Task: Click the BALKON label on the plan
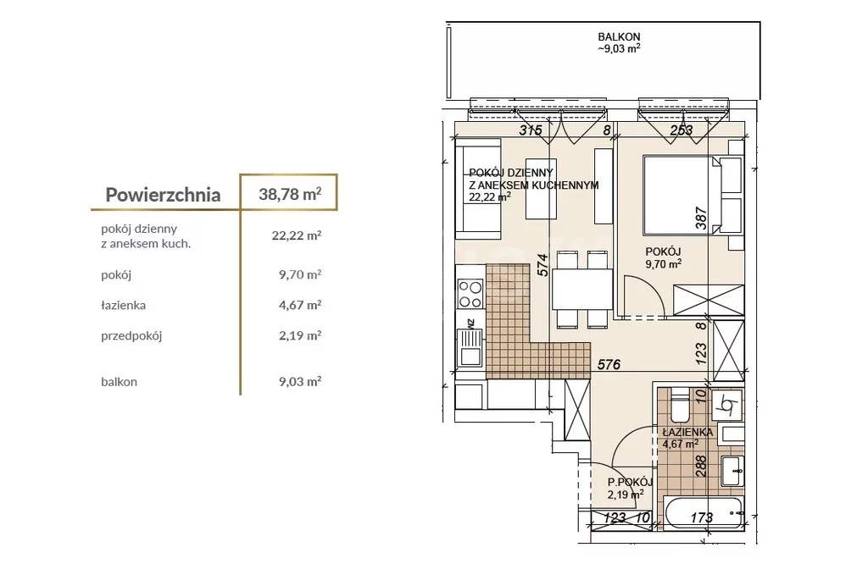(619, 37)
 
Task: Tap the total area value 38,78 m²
(290, 194)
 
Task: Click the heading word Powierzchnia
(163, 195)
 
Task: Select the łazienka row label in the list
(124, 305)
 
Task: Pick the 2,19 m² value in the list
(300, 335)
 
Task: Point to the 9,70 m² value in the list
(300, 274)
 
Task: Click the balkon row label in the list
(119, 381)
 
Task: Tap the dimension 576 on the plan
(609, 364)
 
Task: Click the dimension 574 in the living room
(542, 265)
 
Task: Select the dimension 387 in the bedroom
(701, 218)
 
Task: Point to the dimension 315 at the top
(531, 130)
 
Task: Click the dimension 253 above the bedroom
(682, 130)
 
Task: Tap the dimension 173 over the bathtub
(701, 517)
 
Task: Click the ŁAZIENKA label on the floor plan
(687, 432)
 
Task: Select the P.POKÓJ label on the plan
(630, 482)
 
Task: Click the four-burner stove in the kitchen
(470, 294)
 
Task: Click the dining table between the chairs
(581, 289)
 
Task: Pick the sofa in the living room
(478, 189)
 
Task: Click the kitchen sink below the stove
(470, 348)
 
